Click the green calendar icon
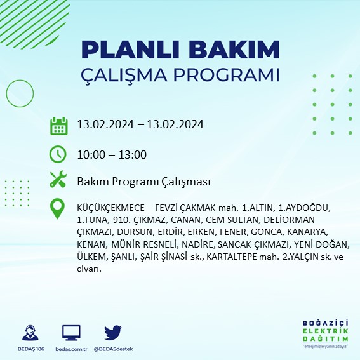58,126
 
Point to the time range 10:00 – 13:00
112,154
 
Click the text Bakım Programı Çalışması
143,182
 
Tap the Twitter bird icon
112,333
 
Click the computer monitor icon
71,333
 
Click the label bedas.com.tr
71,349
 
